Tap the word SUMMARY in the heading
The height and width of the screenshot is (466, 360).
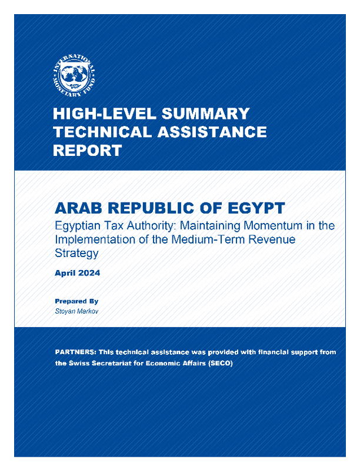tap(199, 114)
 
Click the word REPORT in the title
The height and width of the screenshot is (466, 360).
tap(88, 150)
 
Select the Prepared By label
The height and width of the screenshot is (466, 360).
tap(72, 301)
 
